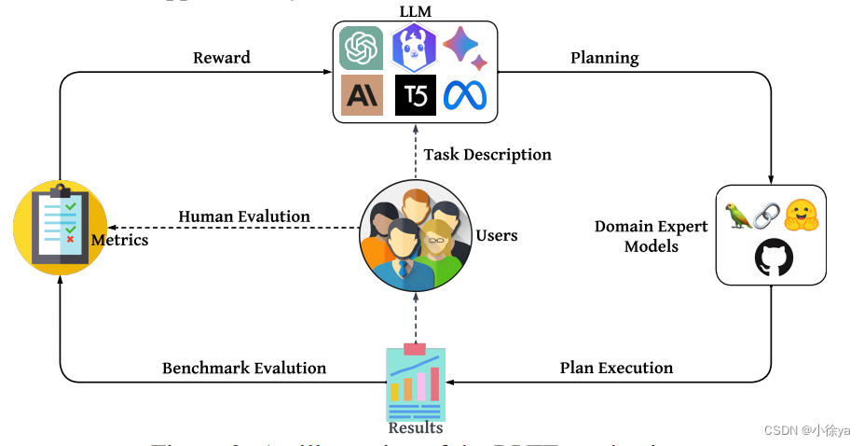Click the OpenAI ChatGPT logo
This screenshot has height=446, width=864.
coord(361,48)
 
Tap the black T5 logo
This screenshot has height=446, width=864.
coord(415,95)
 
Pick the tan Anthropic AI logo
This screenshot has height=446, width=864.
coord(362,95)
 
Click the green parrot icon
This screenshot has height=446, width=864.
coord(739,216)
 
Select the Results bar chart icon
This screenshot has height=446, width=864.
coord(416,382)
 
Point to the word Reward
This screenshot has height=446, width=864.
coord(222,58)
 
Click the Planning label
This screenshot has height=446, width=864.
coord(604,58)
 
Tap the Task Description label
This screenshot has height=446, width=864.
coord(487,154)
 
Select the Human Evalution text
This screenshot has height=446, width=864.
coord(244,216)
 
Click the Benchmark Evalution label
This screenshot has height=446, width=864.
coord(244,368)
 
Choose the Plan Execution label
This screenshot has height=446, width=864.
coord(616,368)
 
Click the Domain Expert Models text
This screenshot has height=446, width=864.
coord(651,236)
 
